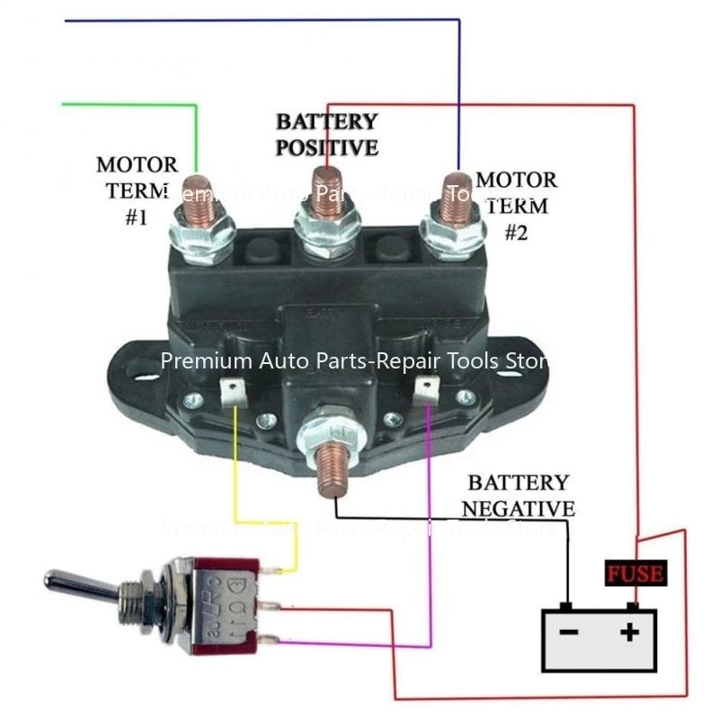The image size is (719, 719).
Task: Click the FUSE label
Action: point(635,573)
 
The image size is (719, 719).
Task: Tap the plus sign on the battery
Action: point(632,632)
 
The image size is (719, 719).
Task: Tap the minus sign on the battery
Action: point(568,632)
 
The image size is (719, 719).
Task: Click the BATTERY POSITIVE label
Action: point(326,134)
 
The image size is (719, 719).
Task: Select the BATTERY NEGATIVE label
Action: point(518,496)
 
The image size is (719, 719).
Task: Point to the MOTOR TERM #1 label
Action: point(136,191)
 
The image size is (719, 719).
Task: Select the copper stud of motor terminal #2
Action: point(453,200)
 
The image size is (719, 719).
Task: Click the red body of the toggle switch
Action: point(220,603)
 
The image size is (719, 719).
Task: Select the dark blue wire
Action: point(270,19)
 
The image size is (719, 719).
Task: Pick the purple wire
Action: point(431,539)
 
